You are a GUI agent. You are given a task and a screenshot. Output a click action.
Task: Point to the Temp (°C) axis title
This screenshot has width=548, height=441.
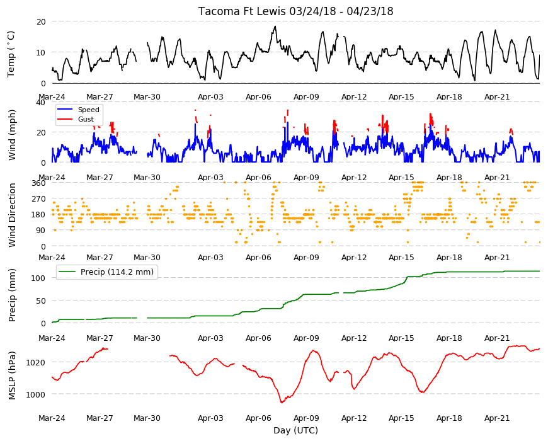[11, 54]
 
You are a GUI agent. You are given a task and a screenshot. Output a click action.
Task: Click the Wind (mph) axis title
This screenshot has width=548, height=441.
[12, 135]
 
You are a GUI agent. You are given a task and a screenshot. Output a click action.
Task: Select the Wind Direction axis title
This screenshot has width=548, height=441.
[12, 215]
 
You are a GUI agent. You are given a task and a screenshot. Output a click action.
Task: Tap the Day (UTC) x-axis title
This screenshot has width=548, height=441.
[295, 430]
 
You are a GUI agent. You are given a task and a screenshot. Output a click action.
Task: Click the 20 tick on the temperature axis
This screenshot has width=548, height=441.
[41, 21]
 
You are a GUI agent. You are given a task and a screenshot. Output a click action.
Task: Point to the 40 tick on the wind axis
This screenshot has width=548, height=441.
[41, 103]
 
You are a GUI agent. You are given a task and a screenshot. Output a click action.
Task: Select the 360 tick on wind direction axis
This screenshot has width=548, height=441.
[39, 183]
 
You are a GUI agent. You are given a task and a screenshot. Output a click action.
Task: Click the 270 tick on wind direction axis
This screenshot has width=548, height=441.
[39, 199]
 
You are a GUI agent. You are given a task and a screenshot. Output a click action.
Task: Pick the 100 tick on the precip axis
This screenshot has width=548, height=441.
[39, 278]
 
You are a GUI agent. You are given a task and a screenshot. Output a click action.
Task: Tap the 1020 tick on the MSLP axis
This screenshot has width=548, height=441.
[36, 362]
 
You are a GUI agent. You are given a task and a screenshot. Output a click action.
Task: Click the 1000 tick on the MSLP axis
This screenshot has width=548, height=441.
[36, 394]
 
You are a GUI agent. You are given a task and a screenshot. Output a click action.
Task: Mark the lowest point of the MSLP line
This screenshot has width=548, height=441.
[282, 403]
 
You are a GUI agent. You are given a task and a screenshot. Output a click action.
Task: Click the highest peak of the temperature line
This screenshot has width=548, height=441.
[275, 26]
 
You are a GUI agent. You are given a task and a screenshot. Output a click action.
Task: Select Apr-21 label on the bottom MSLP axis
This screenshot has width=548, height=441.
[497, 418]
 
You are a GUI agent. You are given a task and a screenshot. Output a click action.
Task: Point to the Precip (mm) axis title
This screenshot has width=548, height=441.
[12, 295]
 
